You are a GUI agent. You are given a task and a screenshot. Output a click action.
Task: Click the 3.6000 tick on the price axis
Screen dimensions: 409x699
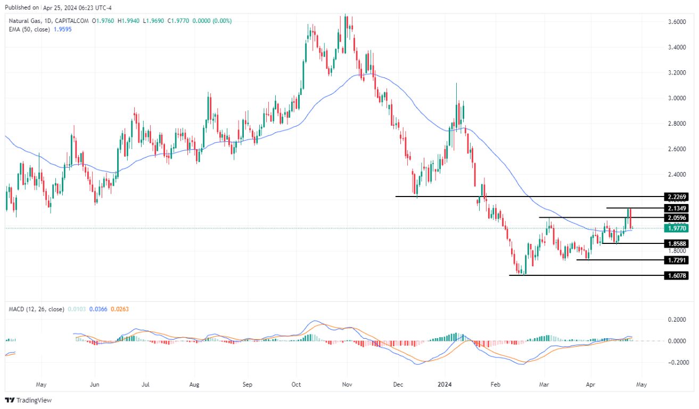click(x=676, y=22)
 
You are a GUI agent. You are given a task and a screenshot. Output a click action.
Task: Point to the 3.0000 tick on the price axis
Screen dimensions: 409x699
click(x=676, y=98)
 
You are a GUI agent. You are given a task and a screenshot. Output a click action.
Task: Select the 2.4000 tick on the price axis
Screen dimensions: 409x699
click(x=676, y=174)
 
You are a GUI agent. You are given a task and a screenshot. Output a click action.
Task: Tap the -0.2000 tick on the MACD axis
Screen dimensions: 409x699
click(x=675, y=362)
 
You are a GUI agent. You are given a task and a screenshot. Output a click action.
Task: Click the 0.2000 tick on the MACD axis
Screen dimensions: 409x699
click(x=676, y=320)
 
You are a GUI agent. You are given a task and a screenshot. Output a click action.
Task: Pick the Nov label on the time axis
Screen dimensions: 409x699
click(x=347, y=383)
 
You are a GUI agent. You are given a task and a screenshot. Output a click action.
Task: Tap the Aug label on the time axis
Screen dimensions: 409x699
click(x=194, y=383)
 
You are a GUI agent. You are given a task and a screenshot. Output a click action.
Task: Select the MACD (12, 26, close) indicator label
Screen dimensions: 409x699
click(x=36, y=309)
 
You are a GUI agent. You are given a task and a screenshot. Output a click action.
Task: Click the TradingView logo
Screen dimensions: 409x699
click(x=29, y=400)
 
